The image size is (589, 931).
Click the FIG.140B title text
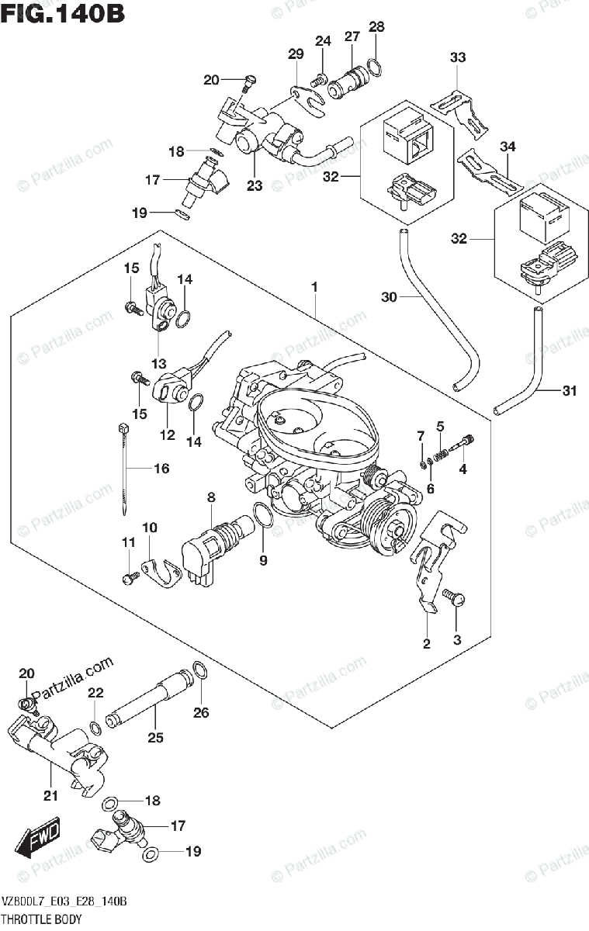click(63, 13)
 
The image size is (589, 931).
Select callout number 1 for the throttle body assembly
click(314, 287)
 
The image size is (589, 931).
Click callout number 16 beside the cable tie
click(161, 469)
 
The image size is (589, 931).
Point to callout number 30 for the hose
click(389, 297)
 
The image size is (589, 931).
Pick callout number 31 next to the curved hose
click(570, 391)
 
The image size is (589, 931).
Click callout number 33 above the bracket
click(458, 57)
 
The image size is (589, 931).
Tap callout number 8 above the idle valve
click(211, 497)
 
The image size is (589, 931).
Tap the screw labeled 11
click(131, 577)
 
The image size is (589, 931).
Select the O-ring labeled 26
click(199, 672)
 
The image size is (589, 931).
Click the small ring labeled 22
click(95, 728)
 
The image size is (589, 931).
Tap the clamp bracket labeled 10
click(162, 573)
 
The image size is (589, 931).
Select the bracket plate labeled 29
click(308, 100)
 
